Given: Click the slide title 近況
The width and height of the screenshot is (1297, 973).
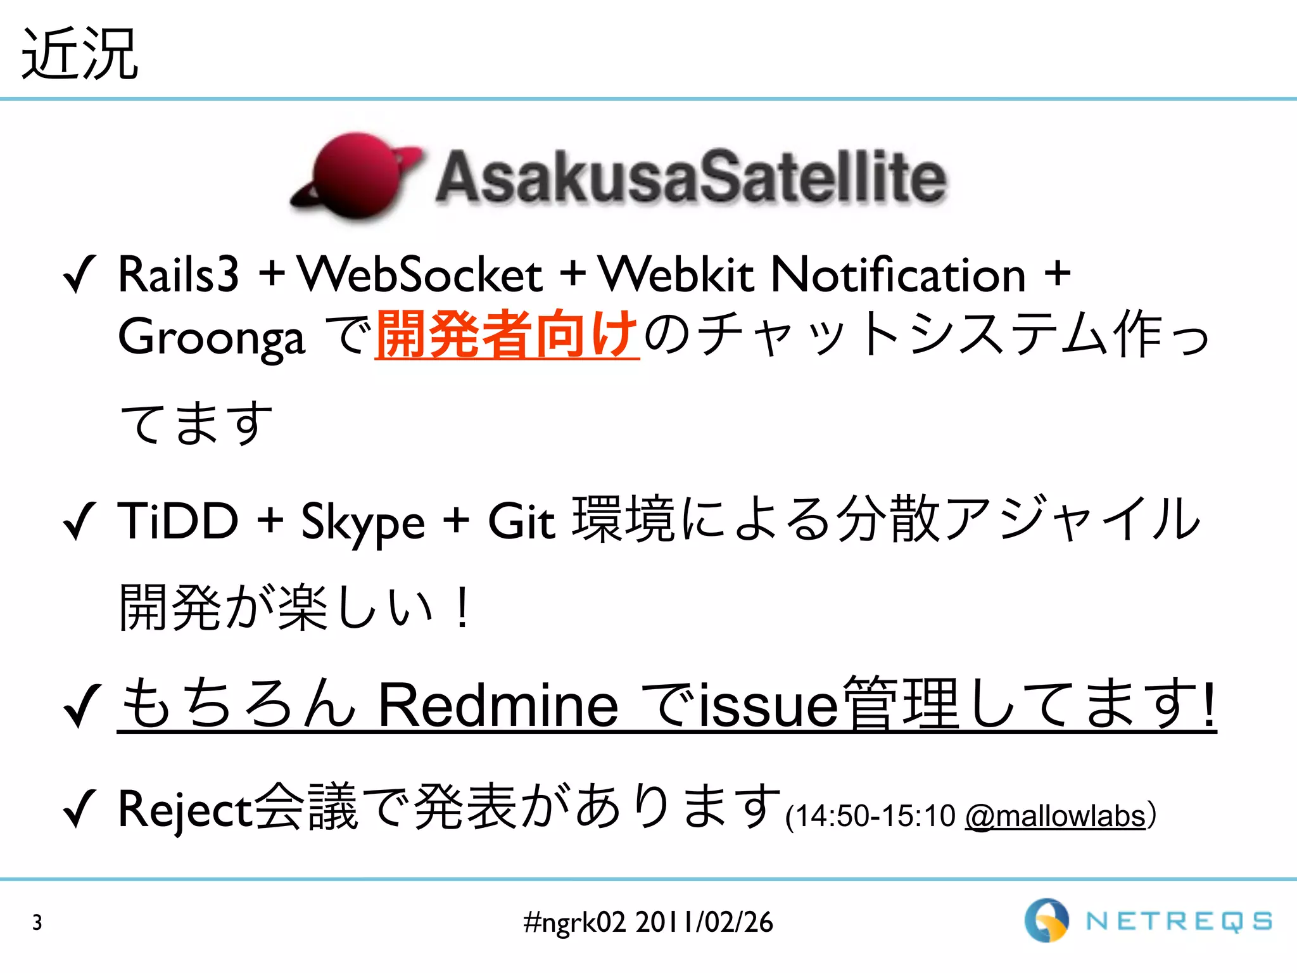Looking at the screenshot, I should click(79, 54).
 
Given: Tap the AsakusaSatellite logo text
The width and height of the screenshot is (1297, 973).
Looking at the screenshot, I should click(690, 177).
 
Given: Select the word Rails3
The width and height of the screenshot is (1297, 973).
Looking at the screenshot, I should click(179, 275).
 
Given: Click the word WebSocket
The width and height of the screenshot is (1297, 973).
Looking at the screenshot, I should click(420, 275).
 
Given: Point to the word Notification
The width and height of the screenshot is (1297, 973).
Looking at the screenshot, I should click(898, 275).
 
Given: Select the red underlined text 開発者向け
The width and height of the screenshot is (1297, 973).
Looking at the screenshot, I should click(507, 334).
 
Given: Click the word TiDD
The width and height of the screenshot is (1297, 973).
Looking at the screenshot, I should click(179, 521).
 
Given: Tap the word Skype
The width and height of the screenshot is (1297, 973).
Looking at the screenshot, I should click(362, 522).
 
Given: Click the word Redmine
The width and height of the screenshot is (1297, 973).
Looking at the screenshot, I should click(498, 704).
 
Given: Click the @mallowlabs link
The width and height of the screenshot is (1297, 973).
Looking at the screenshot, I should click(1056, 816).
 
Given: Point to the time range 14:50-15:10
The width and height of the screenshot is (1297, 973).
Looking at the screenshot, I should click(874, 816).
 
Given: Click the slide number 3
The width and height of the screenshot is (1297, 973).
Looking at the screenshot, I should click(37, 922).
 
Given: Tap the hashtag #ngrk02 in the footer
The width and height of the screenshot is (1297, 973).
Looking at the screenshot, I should click(574, 922).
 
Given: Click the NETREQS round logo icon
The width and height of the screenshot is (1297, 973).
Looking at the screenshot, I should click(1046, 920).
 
